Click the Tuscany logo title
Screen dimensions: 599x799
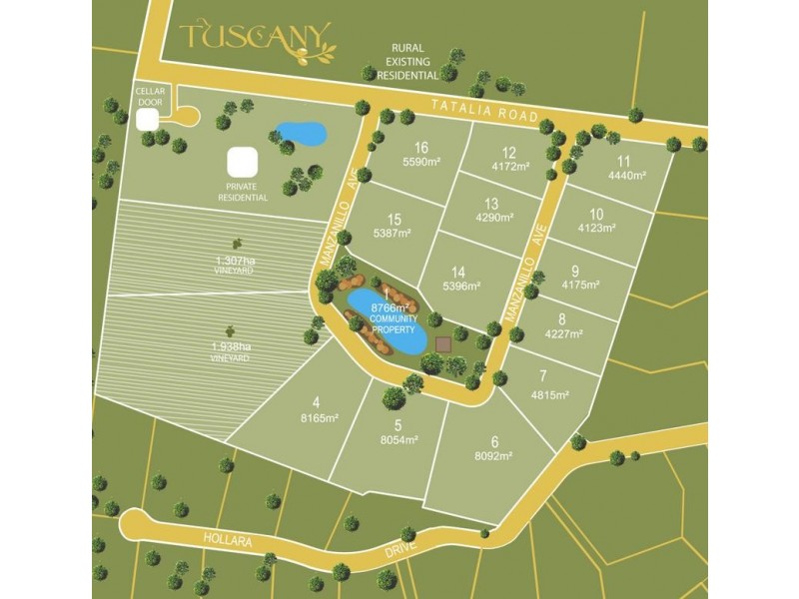pyautogui.click(x=256, y=39)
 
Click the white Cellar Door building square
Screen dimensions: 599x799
pyautogui.click(x=148, y=120)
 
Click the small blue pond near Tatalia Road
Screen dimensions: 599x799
pyautogui.click(x=301, y=133)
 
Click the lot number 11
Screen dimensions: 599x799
pyautogui.click(x=624, y=162)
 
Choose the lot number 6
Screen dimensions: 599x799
pyautogui.click(x=493, y=441)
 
